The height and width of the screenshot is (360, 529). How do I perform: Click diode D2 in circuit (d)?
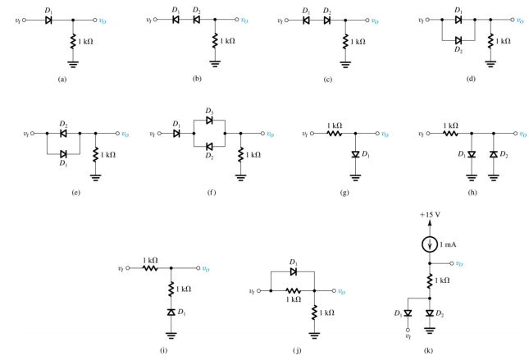pyautogui.click(x=457, y=39)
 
